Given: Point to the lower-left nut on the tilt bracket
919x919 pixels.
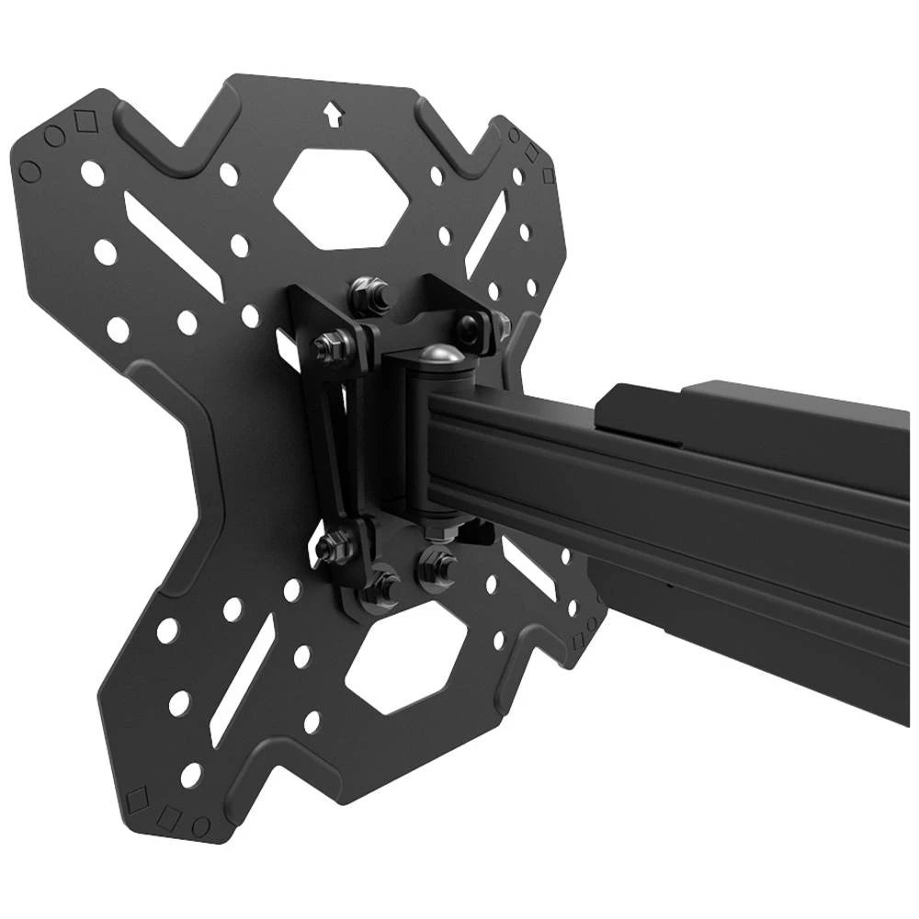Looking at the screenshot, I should point(330,549).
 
